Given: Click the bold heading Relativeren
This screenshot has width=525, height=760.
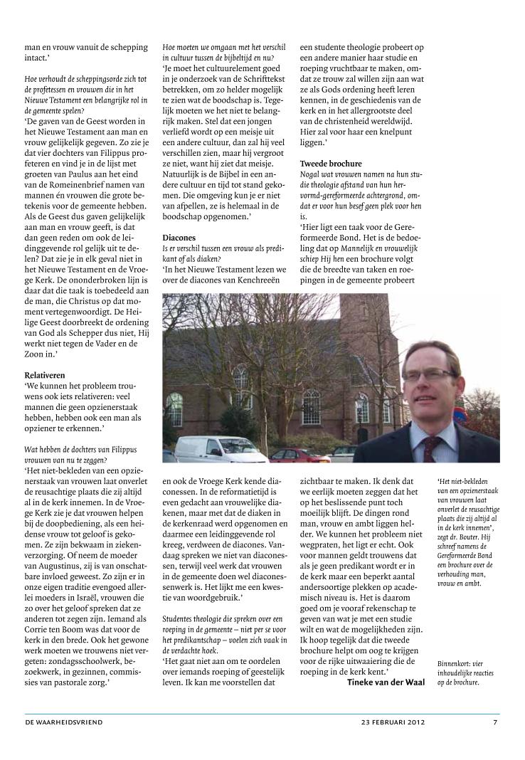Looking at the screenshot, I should (x=45, y=374).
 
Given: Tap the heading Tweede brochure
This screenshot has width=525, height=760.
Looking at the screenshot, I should (x=330, y=164).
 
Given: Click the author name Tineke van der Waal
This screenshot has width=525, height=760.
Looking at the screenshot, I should (x=386, y=682).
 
